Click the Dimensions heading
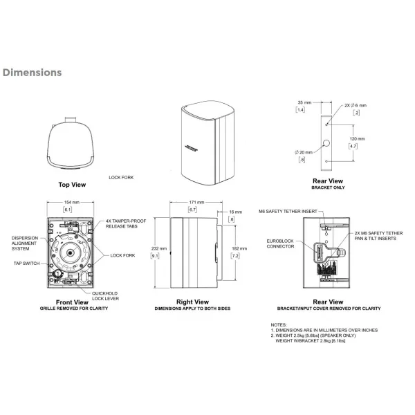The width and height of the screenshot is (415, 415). pos(32,73)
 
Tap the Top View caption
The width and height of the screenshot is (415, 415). pos(72,185)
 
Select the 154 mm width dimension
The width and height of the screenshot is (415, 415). pos(72,203)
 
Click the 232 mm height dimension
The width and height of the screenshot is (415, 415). pos(159,248)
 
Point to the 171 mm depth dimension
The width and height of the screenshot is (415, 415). pos(196,203)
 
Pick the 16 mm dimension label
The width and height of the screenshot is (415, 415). pos(236,212)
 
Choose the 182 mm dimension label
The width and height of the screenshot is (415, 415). pos(239,248)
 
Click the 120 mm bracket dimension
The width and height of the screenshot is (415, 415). pos(358,139)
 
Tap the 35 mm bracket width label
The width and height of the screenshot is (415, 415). pos(304,102)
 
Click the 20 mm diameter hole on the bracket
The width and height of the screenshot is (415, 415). pos(326,143)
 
